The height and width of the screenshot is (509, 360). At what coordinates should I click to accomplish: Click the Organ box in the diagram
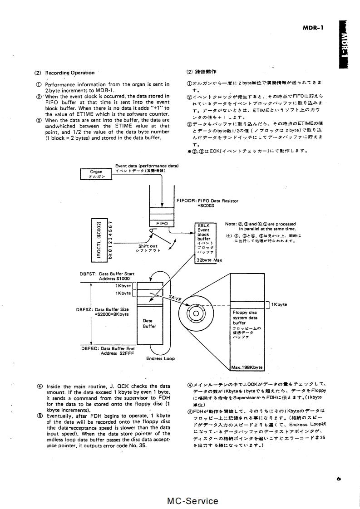click(96, 174)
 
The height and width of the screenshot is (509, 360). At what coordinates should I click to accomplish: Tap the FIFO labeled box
click(162, 224)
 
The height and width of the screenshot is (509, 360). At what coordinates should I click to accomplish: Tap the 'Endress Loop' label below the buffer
click(160, 358)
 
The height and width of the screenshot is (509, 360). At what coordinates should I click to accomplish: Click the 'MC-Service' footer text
click(193, 501)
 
